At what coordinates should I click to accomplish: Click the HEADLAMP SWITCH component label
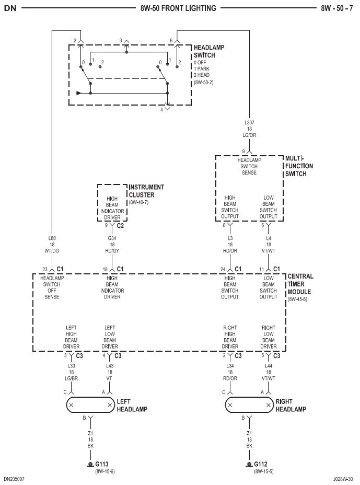pyautogui.click(x=209, y=51)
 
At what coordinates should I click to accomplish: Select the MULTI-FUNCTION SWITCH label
pyautogui.click(x=299, y=166)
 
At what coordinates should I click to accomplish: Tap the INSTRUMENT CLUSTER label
pyautogui.click(x=146, y=191)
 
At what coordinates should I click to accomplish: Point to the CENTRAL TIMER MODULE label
pyautogui.click(x=300, y=284)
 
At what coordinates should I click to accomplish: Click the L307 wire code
pyautogui.click(x=249, y=122)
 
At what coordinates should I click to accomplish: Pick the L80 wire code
pyautogui.click(x=52, y=238)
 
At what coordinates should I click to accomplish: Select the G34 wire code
pyautogui.click(x=112, y=238)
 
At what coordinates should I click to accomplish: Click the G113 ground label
pyautogui.click(x=101, y=464)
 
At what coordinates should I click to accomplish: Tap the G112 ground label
pyautogui.click(x=260, y=464)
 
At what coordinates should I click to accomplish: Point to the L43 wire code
pyautogui.click(x=110, y=366)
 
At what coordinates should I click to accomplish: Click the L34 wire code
pyautogui.click(x=230, y=366)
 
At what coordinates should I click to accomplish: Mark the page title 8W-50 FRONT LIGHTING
pyautogui.click(x=178, y=8)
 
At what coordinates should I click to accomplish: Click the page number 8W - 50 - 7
pyautogui.click(x=337, y=8)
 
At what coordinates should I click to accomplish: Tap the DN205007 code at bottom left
pyautogui.click(x=14, y=479)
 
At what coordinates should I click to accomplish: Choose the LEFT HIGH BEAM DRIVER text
pyautogui.click(x=71, y=337)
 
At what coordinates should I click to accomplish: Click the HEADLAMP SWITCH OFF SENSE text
pyautogui.click(x=52, y=287)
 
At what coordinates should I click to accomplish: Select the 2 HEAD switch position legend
pyautogui.click(x=202, y=75)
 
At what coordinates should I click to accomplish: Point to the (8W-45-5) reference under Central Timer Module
pyautogui.click(x=297, y=299)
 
